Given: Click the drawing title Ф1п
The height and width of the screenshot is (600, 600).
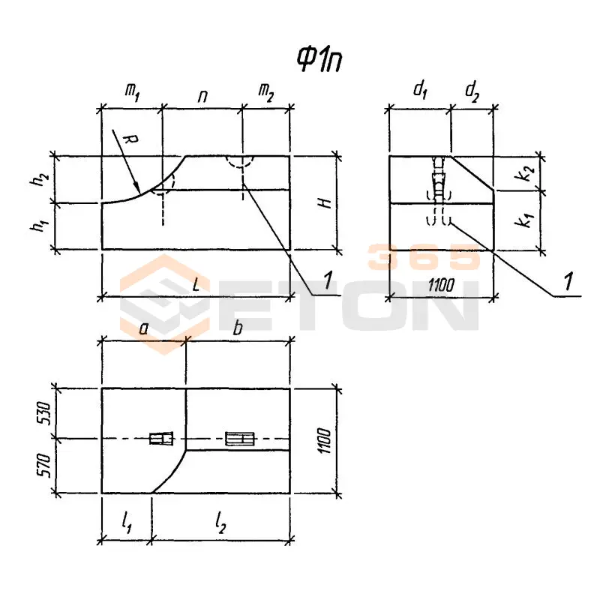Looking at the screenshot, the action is pos(319,60).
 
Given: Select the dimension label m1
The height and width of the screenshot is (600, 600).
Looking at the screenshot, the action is pos(133,92).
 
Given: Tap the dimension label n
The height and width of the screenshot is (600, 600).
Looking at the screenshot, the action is pos(202,97).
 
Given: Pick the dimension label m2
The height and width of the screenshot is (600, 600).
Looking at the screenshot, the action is pos(266,93).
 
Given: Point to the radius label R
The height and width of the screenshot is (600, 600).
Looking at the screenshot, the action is pos(130,141).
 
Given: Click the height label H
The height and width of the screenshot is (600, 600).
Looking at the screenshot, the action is pos(325,202).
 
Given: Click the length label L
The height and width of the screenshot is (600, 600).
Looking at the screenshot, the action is pos(196,285).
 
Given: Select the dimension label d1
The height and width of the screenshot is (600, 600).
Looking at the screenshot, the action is pos(420,91).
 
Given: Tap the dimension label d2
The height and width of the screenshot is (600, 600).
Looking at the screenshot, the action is pos(472,92).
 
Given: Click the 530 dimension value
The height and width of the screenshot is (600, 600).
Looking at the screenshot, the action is pos(44,413).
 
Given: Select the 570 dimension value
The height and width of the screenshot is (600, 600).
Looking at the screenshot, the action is pos(44,465).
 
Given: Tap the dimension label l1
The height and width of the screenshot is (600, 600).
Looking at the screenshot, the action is pos(127,522).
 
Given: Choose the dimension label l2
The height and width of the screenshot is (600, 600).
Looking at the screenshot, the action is pos(220,523).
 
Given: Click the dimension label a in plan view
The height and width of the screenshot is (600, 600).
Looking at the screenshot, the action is pos(143,328).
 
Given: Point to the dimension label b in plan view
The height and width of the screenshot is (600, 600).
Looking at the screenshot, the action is pos(238,327).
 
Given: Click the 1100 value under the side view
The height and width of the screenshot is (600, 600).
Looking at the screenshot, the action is pos(441,286).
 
